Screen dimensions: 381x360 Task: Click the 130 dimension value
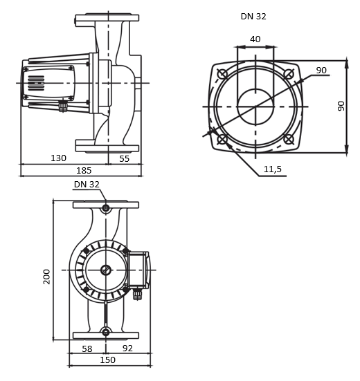[x=58, y=158]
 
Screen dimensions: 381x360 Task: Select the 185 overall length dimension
[x=84, y=170]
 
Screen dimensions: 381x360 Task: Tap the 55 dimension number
[x=124, y=158]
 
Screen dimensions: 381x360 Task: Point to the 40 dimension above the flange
[x=255, y=39]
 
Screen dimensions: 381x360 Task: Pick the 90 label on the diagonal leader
[x=321, y=70]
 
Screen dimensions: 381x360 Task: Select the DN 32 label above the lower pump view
[x=87, y=185]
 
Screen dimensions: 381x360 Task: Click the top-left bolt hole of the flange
[x=222, y=74]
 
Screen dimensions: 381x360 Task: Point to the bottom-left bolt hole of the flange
[x=222, y=139]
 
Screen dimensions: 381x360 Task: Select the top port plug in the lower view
[x=105, y=209]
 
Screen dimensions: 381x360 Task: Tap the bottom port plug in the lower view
[x=105, y=333]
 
